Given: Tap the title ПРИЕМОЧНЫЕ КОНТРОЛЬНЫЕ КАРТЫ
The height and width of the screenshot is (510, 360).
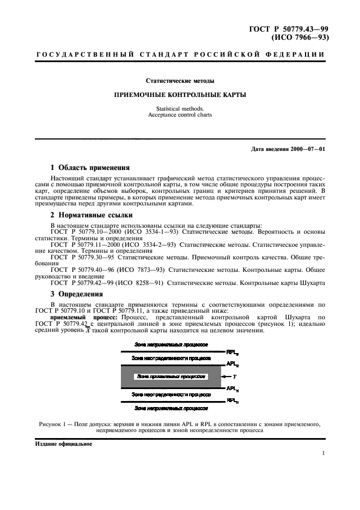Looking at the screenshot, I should (x=180, y=94).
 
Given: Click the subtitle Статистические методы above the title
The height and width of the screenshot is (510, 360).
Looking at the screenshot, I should (x=180, y=81).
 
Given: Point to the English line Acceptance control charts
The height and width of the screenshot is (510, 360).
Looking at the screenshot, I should (x=180, y=115).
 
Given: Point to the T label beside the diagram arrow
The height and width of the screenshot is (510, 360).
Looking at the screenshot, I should (x=234, y=377).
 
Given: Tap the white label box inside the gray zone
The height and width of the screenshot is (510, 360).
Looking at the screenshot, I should (x=171, y=377).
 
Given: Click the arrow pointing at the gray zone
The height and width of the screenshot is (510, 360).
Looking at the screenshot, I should (x=225, y=377).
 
